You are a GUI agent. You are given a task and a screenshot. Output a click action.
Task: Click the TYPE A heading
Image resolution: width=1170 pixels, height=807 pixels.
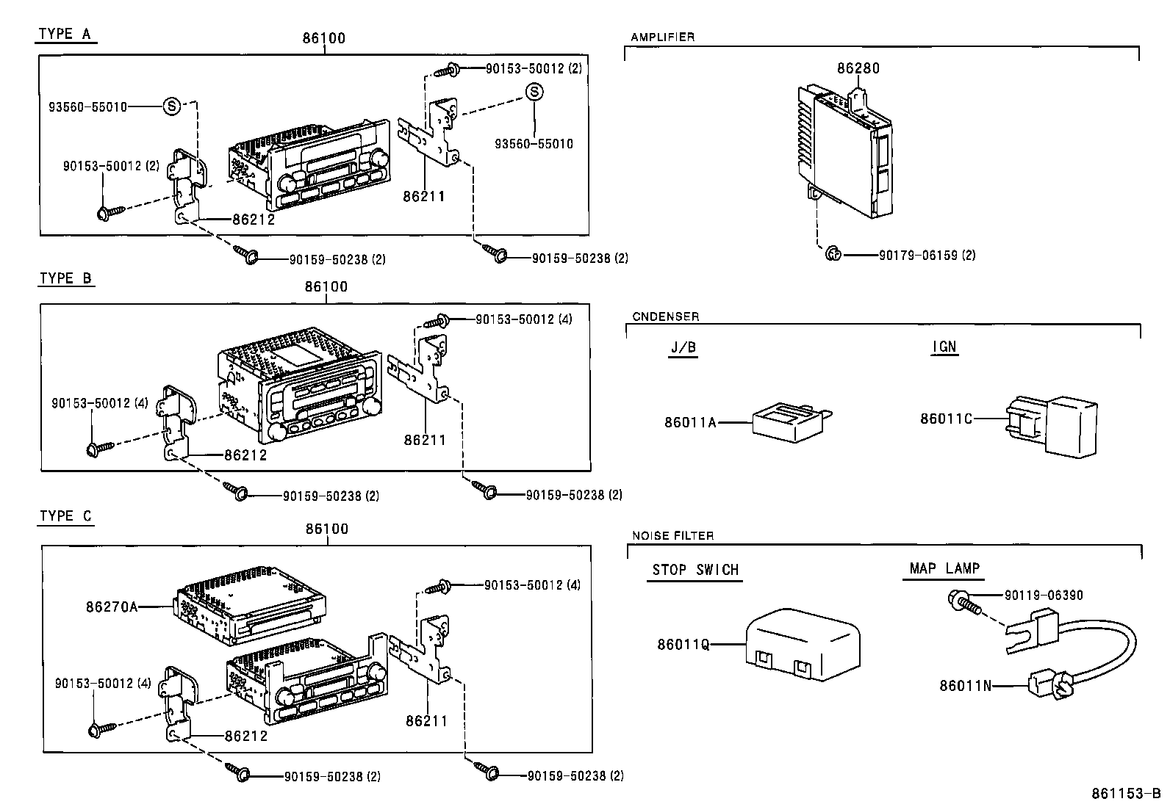click(x=66, y=34)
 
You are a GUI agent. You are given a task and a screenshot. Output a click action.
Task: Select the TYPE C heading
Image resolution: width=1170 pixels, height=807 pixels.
click(x=66, y=516)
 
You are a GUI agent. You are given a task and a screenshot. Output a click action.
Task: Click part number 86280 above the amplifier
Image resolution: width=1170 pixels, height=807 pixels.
click(x=858, y=68)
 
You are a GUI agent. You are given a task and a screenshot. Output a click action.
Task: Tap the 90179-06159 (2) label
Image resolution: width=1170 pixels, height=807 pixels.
click(x=927, y=256)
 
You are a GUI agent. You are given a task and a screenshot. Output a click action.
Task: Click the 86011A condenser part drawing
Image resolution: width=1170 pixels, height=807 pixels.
click(x=790, y=424)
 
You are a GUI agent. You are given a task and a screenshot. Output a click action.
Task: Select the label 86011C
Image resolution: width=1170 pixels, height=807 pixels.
click(x=946, y=419)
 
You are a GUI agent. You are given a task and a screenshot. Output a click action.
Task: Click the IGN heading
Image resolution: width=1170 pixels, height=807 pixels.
click(x=944, y=347)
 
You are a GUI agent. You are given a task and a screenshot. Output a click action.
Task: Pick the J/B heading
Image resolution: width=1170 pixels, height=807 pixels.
click(x=683, y=347)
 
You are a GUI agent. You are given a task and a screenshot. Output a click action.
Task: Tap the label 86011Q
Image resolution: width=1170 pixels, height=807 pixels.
click(x=683, y=644)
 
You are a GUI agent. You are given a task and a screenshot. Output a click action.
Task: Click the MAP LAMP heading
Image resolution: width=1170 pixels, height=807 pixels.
click(x=944, y=568)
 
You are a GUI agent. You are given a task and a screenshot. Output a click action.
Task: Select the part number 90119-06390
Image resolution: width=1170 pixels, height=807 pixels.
click(x=1044, y=596)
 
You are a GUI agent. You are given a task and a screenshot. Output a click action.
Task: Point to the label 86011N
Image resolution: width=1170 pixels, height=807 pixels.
click(x=965, y=686)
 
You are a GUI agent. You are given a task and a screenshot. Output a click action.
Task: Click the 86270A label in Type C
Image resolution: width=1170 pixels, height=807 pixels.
click(x=112, y=607)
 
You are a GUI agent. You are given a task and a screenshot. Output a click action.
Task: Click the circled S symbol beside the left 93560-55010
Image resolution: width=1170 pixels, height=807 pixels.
click(x=171, y=106)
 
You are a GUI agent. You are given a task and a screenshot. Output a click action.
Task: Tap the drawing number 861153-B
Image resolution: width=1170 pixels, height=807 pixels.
click(x=1125, y=794)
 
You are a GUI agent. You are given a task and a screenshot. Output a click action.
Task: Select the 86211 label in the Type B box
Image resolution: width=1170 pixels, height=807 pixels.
click(x=424, y=440)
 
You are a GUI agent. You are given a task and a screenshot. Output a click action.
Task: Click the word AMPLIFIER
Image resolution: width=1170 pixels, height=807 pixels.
click(x=662, y=37)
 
